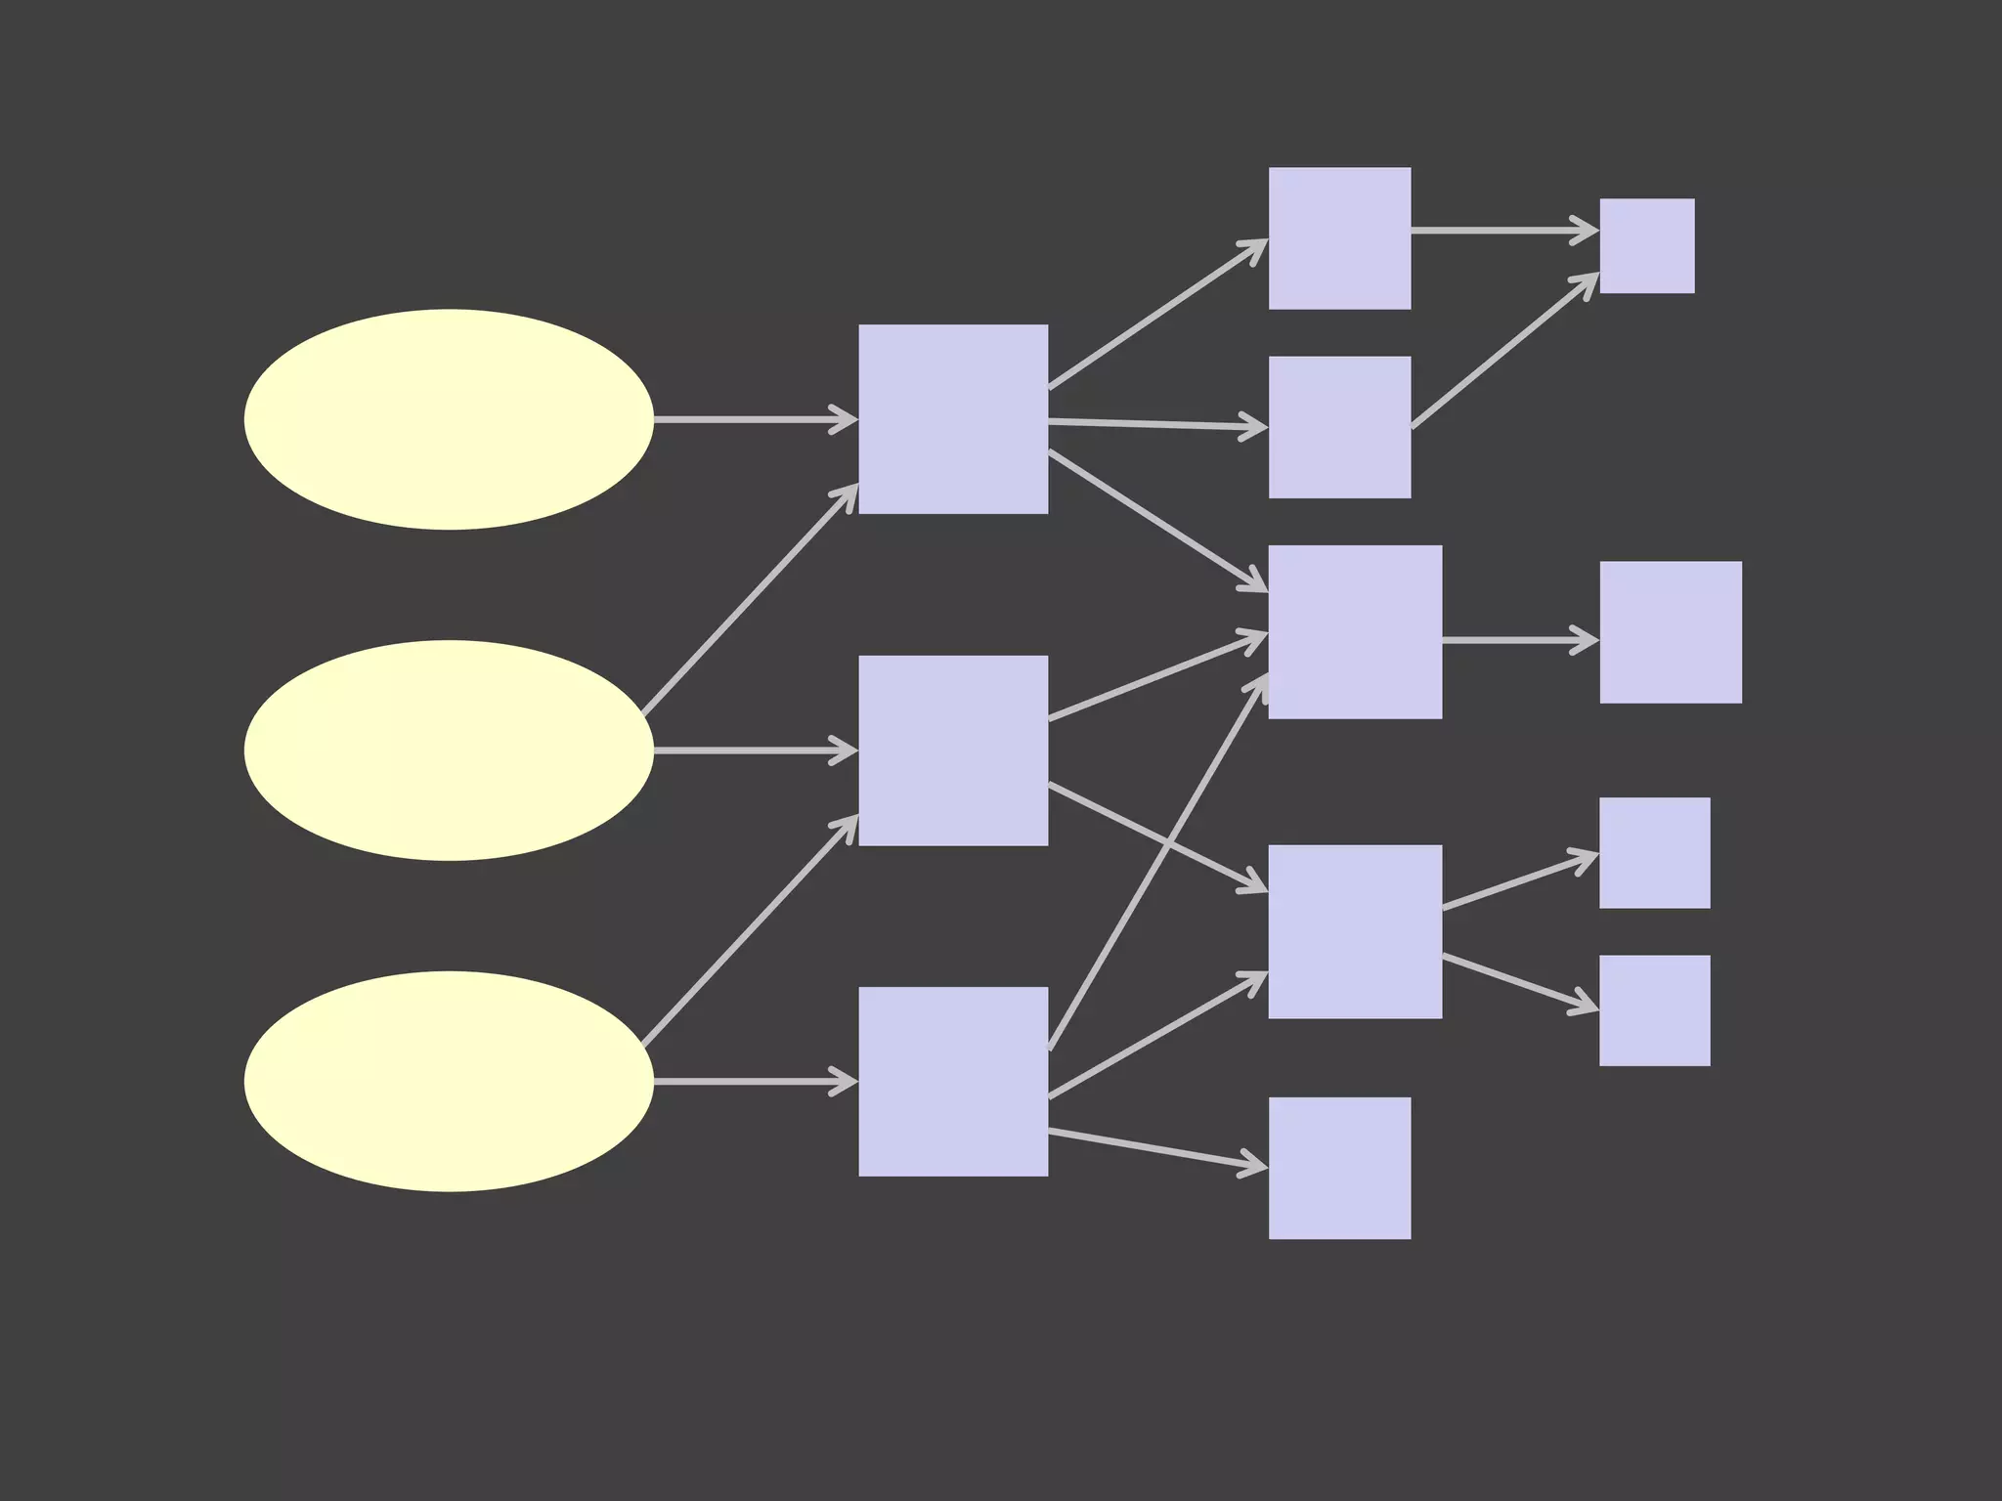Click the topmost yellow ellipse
(449, 419)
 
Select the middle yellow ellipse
(449, 750)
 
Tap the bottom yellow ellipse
(449, 1081)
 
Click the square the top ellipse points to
(953, 419)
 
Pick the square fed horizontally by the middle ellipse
(953, 750)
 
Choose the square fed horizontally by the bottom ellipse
(953, 1081)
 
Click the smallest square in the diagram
(1647, 245)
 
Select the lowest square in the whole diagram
(1339, 1168)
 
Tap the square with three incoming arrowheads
(1355, 632)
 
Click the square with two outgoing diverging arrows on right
(1355, 931)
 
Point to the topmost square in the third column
(1339, 238)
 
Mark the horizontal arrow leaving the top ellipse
(753, 419)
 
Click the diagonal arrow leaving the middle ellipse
(750, 599)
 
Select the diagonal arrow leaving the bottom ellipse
(750, 930)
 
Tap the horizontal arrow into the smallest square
(1503, 231)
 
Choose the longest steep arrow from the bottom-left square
(1158, 862)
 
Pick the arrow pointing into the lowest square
(1157, 1149)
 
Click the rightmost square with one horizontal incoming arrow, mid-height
(1671, 632)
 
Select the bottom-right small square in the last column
(1654, 1010)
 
